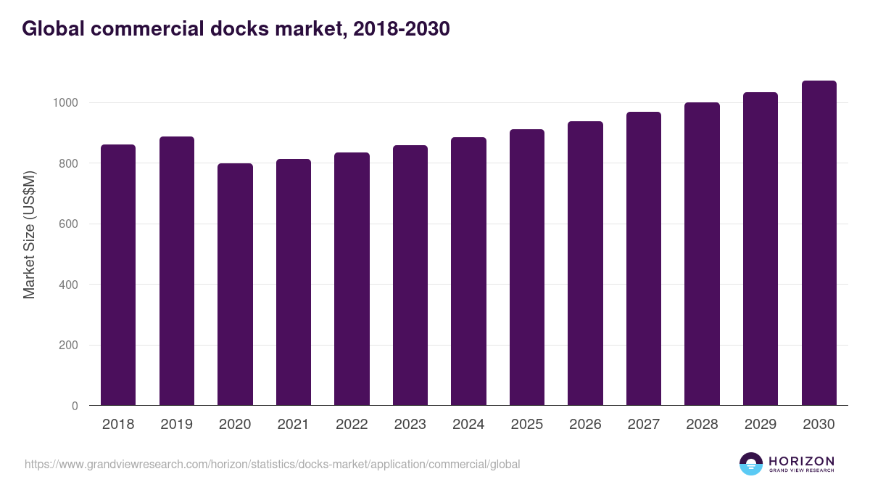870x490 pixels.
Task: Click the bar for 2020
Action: pos(235,284)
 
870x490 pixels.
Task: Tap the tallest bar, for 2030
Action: pos(819,242)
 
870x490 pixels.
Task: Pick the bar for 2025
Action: pos(527,267)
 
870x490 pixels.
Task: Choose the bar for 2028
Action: pos(702,253)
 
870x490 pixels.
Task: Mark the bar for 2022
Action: pos(352,279)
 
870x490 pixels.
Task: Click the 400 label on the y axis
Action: pos(69,285)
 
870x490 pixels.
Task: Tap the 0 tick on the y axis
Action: pos(75,406)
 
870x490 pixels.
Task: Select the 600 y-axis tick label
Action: pos(69,224)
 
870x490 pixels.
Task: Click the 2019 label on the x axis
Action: pos(176,425)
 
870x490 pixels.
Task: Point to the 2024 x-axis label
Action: pos(468,425)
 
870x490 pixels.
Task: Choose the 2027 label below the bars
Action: pos(643,425)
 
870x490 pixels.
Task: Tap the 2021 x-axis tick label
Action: pos(293,425)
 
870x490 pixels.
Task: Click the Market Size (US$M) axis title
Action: pos(29,234)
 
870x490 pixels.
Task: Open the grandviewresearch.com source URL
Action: pos(273,464)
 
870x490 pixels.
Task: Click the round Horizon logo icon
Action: pos(751,464)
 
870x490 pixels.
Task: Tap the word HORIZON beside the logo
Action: pos(801,460)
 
